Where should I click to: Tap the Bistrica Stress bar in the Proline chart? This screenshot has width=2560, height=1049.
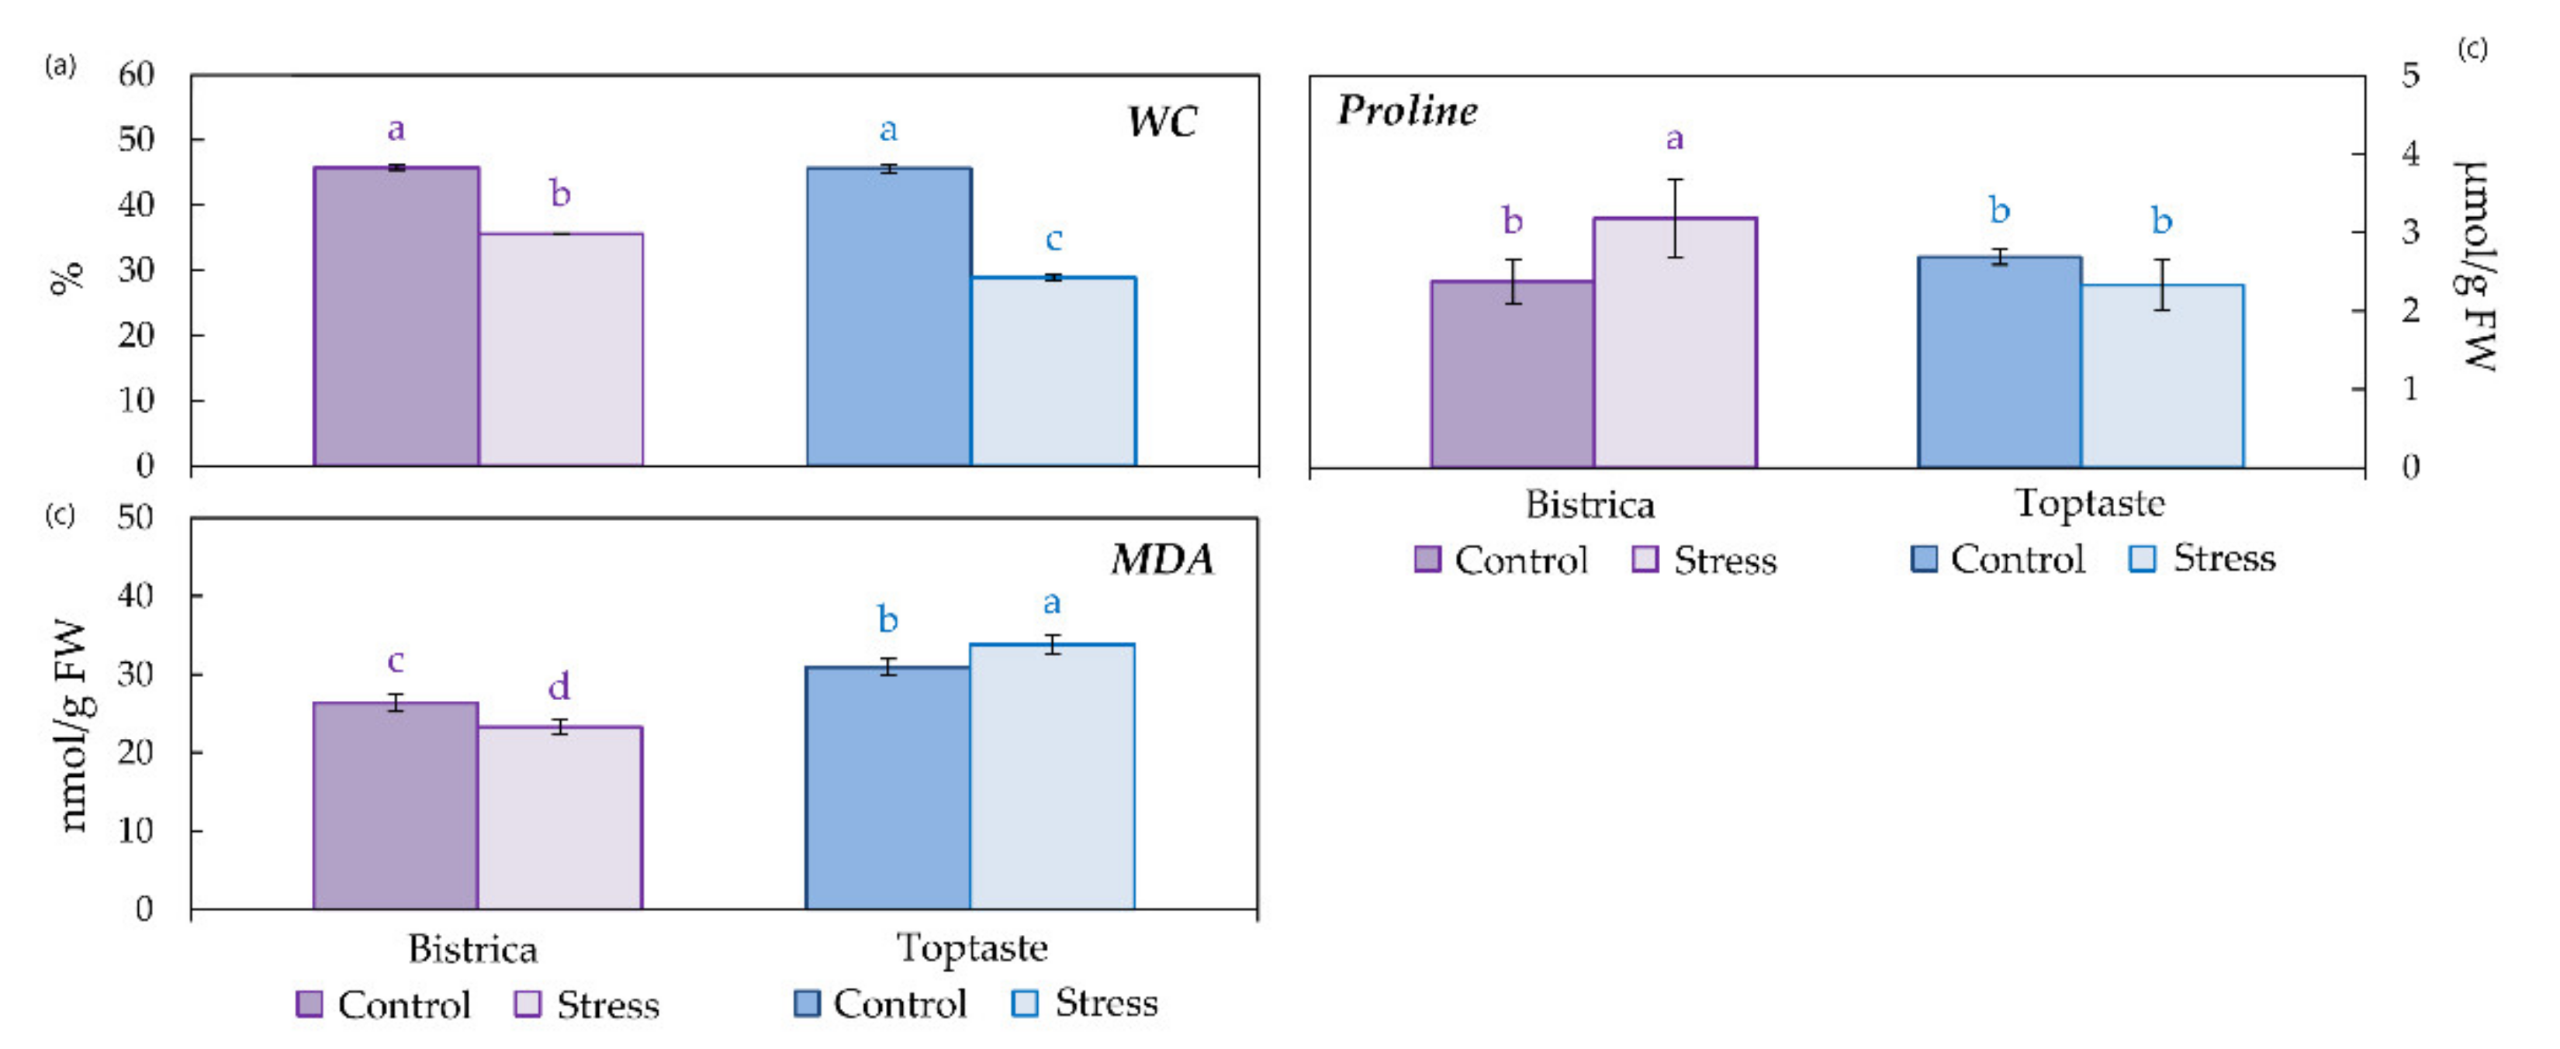click(x=1676, y=342)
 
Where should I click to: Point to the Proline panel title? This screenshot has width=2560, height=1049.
click(x=1407, y=110)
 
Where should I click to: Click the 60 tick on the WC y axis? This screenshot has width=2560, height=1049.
click(x=137, y=74)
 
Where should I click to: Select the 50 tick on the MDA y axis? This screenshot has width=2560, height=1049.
click(x=137, y=518)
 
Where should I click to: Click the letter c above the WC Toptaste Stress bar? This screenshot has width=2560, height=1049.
click(x=1053, y=239)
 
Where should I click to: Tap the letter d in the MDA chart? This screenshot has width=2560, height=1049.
click(x=559, y=686)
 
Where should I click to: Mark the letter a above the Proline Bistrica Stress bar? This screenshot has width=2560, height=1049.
click(x=1676, y=139)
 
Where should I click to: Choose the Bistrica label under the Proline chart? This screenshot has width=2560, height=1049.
click(x=1590, y=505)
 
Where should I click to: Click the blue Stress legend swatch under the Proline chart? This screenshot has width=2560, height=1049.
click(x=2143, y=558)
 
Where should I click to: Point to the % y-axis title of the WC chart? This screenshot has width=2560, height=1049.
click(x=67, y=278)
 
